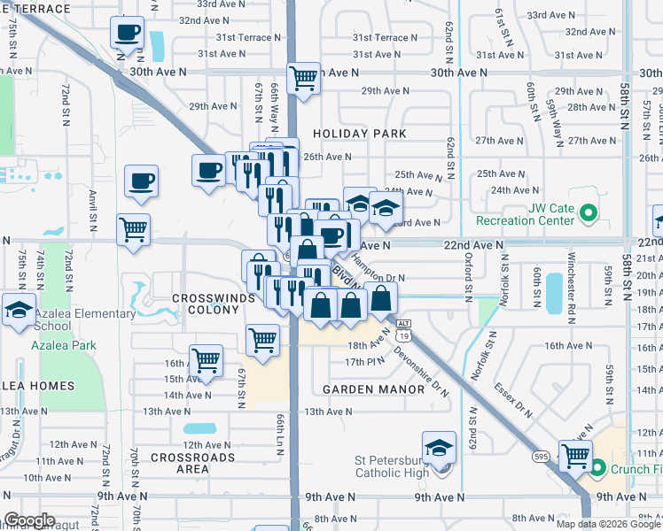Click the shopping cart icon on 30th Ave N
click(x=304, y=78)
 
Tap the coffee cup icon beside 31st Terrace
click(x=127, y=34)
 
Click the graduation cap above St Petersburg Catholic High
click(x=439, y=448)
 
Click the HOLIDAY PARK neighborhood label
click(x=365, y=134)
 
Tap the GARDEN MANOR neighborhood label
click(x=363, y=389)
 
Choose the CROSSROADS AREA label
click(x=192, y=463)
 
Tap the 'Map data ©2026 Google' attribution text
click(x=608, y=524)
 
